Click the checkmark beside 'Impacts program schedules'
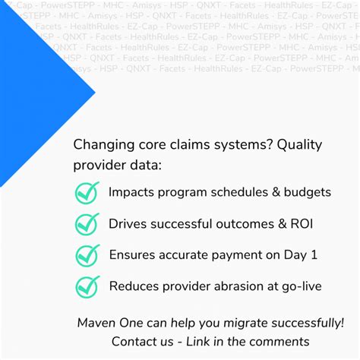pos(87,192)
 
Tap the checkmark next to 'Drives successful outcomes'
pos(87,223)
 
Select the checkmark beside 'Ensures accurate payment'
pos(87,254)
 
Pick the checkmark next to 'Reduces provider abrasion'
pos(87,286)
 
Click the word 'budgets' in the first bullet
pos(307,192)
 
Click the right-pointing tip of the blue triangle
pos(96,93)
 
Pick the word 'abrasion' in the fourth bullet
pos(239,286)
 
